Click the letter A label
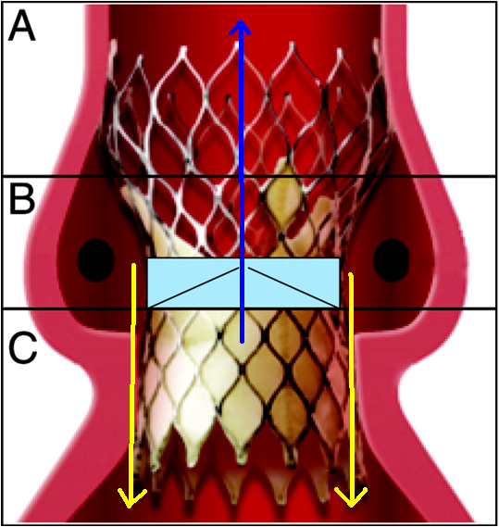pyautogui.click(x=22, y=25)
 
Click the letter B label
pyautogui.click(x=22, y=199)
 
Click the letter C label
pyautogui.click(x=22, y=348)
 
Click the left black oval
pyautogui.click(x=96, y=260)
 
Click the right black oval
pyautogui.click(x=391, y=260)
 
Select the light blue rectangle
pyautogui.click(x=243, y=283)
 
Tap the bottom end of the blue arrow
pyautogui.click(x=242, y=342)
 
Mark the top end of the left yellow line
pyautogui.click(x=134, y=265)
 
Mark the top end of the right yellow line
pyautogui.click(x=351, y=274)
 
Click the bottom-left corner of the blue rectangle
pyautogui.click(x=148, y=307)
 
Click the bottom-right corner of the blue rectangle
pyautogui.click(x=340, y=307)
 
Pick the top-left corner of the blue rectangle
pyautogui.click(x=148, y=258)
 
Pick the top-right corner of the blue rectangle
pyautogui.click(x=340, y=258)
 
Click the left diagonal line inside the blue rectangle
pyautogui.click(x=193, y=287)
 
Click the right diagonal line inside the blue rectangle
pyautogui.click(x=293, y=287)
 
